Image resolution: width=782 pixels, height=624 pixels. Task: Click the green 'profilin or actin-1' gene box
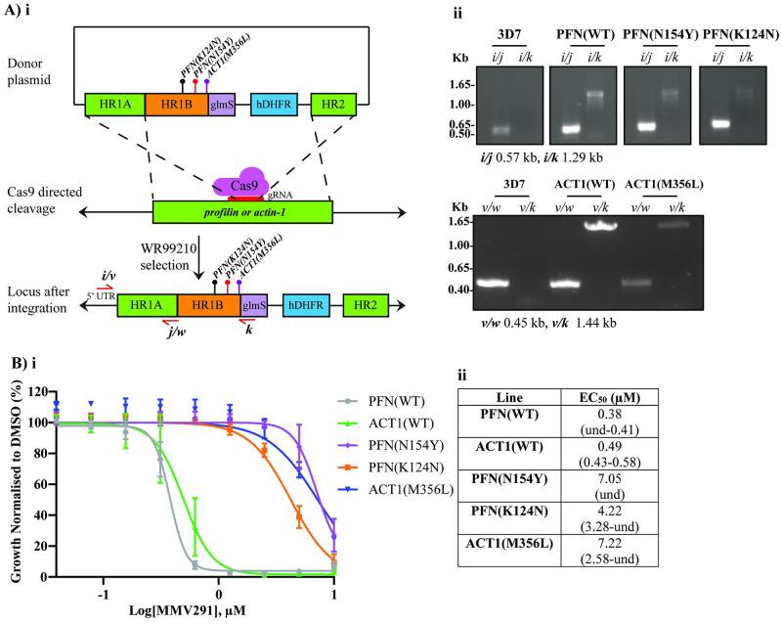(x=241, y=209)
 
